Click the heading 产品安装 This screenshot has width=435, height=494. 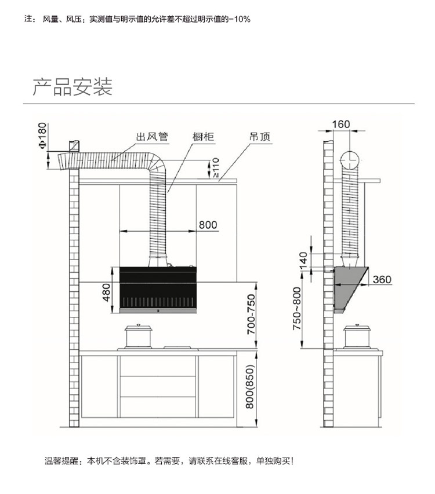pos(72,87)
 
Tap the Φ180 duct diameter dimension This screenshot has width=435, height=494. pos(42,136)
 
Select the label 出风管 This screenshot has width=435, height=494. pos(152,137)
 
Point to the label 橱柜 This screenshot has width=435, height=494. pos(204,137)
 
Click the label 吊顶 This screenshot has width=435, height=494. pos(260,137)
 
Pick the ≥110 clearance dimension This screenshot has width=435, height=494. pos(215,167)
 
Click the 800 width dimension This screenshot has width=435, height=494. pos(208,225)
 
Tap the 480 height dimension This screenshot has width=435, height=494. pos(107,292)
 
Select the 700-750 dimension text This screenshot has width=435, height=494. pos(251,314)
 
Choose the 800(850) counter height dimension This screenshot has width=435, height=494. pos(249,387)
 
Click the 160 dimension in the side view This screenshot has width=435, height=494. pos(341,124)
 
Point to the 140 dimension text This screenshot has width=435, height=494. pos(303,261)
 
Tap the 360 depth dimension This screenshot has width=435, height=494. pos(382,280)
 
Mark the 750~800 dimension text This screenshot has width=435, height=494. pos(297,309)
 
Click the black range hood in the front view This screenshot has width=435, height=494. pos(158,290)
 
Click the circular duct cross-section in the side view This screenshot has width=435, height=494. pos(350,160)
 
